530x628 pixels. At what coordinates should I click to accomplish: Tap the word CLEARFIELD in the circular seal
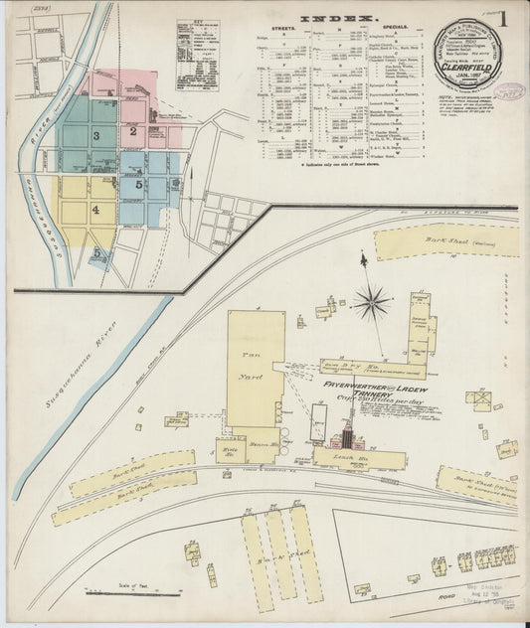pos(465,72)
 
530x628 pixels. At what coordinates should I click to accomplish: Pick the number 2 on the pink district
pos(131,130)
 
